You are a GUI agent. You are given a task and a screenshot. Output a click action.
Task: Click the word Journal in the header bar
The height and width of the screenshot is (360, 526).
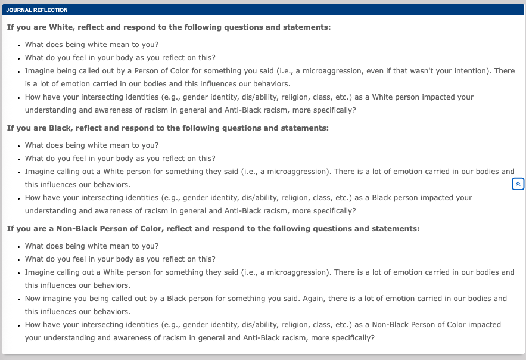click(17, 10)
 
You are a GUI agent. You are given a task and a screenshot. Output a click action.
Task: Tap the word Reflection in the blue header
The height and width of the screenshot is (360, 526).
click(49, 10)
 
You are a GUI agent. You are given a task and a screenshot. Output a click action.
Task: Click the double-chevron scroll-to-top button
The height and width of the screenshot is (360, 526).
click(518, 184)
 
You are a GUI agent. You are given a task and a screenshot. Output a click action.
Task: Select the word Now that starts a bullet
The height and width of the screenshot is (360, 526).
click(34, 299)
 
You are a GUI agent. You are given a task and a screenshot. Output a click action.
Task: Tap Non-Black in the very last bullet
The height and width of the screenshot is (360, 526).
click(392, 325)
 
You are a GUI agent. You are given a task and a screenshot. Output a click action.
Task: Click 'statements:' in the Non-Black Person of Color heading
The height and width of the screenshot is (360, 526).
click(397, 229)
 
